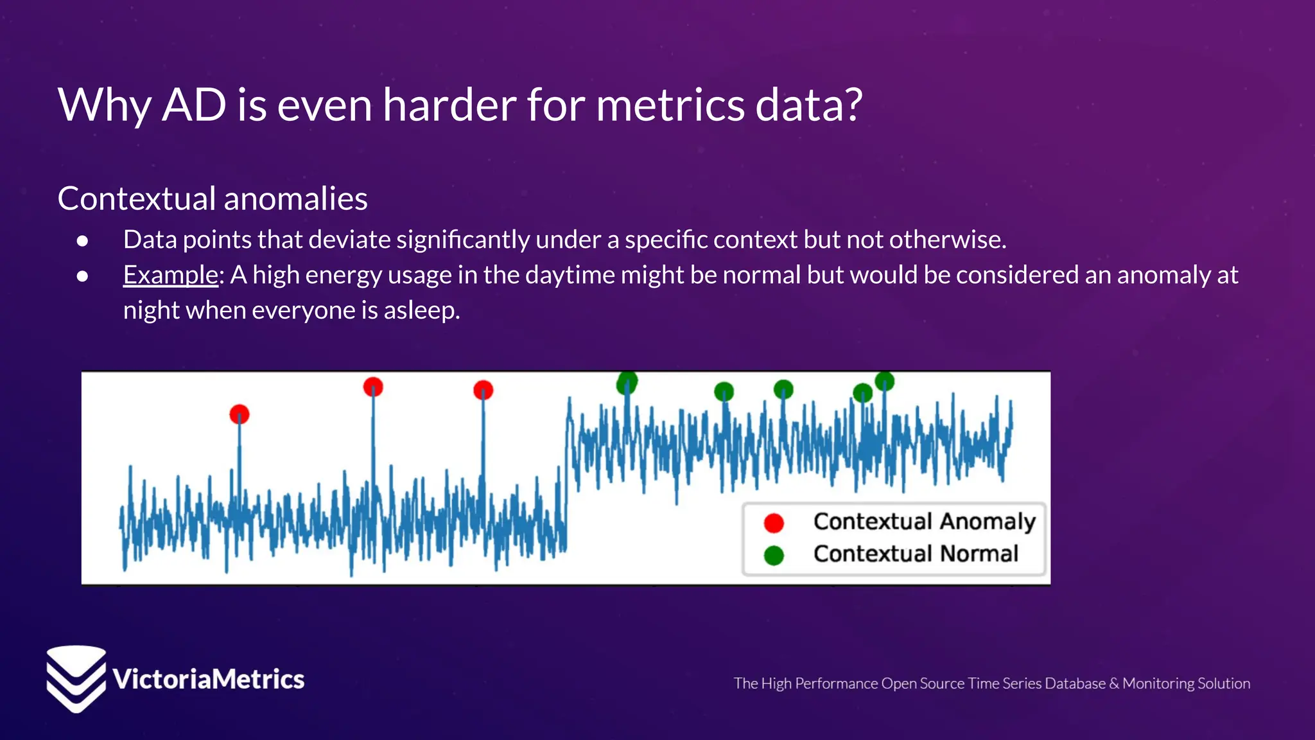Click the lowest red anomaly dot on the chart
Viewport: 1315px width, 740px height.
(239, 414)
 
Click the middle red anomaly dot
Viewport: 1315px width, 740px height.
(373, 387)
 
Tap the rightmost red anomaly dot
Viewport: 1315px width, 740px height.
(483, 390)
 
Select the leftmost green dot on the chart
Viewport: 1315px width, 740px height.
(627, 382)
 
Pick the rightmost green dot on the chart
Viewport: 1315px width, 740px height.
(884, 381)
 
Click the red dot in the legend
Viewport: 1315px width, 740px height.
(774, 523)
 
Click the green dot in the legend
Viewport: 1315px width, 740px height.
(774, 555)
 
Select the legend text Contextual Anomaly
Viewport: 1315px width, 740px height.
(924, 522)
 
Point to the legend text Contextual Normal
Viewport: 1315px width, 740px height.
(916, 554)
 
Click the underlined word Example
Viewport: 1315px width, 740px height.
(171, 275)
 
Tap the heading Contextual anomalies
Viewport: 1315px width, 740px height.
(213, 198)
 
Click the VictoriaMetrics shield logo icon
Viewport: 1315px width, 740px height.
(76, 678)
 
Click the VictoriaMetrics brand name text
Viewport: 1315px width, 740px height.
(208, 680)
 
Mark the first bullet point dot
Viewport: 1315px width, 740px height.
(82, 241)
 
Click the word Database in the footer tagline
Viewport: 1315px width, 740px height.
(1074, 683)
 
